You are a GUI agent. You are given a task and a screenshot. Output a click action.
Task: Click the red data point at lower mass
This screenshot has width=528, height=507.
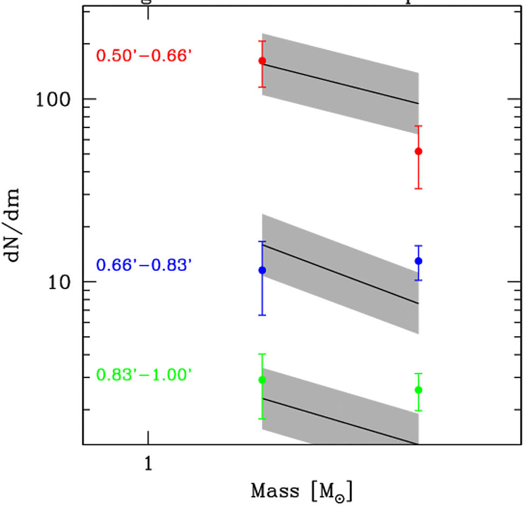point(262,61)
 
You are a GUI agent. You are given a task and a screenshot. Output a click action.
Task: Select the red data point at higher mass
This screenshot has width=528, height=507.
point(418,151)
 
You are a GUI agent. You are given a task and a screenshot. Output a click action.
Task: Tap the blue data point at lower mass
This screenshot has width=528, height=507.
point(262,270)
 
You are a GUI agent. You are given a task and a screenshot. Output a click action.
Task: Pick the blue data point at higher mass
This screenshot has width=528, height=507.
point(418,261)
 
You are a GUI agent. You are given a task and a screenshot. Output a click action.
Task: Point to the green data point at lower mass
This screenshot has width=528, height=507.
point(262,380)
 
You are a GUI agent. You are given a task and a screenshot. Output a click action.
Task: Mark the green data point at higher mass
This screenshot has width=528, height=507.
point(418,390)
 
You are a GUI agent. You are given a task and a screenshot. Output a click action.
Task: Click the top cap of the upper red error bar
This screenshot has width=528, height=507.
point(262,41)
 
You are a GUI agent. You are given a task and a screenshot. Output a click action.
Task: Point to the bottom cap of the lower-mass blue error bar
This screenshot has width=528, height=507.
point(262,315)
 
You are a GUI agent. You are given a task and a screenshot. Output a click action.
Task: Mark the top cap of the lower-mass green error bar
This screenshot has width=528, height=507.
point(262,354)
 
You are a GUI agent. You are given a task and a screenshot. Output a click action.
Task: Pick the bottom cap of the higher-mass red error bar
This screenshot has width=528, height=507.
point(418,189)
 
